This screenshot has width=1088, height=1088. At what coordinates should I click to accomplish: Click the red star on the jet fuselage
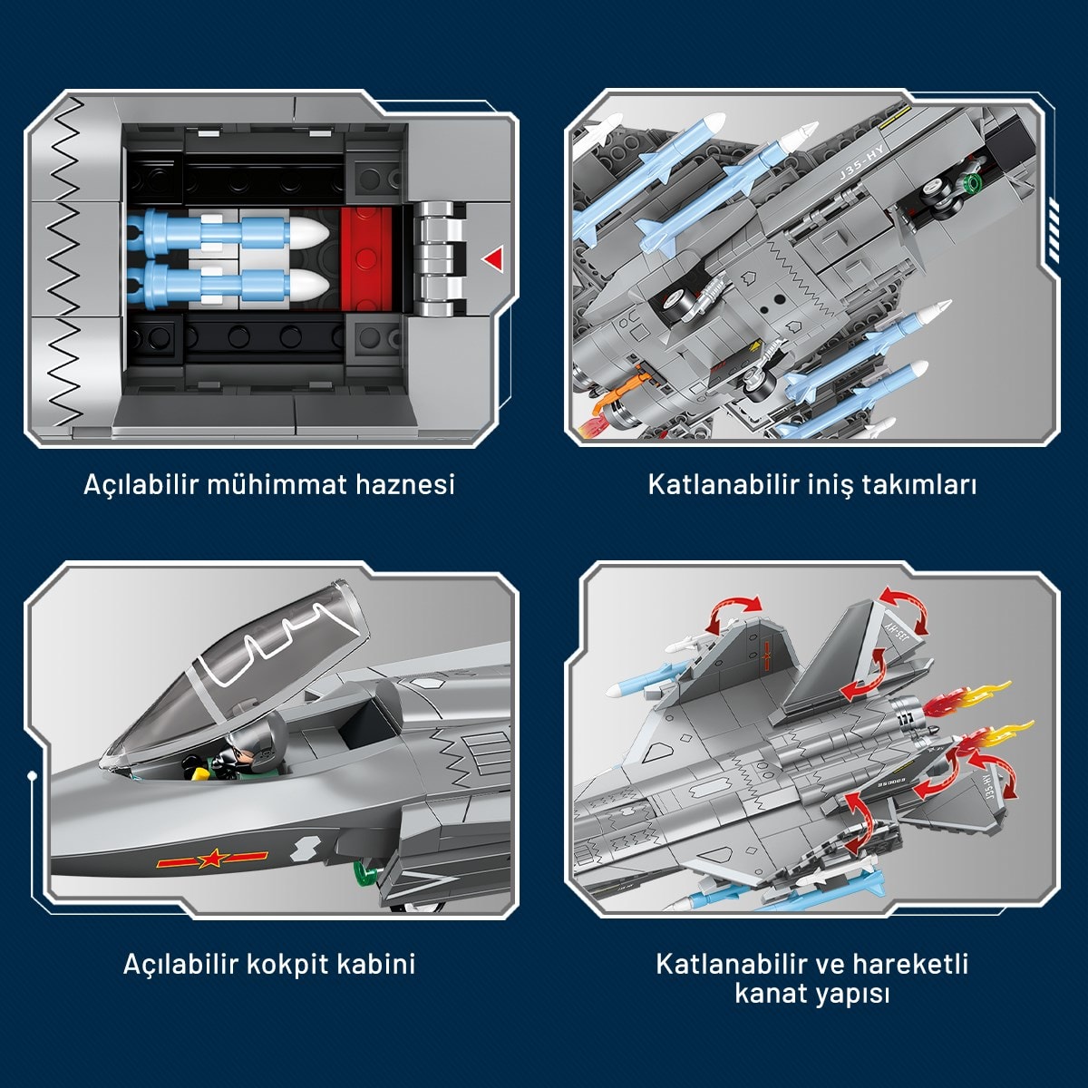[x=210, y=860]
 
